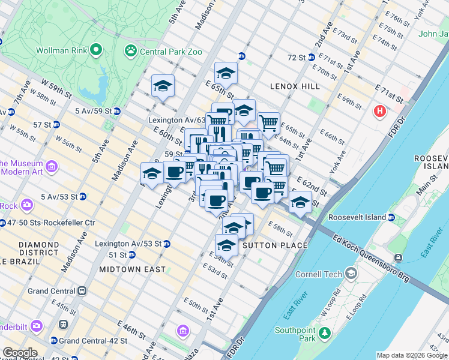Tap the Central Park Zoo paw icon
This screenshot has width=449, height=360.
pos(130,51)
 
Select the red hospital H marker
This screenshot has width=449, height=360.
pos(380,111)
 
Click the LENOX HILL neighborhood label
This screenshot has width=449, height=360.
pos(295,86)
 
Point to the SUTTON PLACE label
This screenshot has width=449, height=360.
pos(275,245)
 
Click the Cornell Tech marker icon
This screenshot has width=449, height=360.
pos(351,274)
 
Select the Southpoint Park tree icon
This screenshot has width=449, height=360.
pos(324,332)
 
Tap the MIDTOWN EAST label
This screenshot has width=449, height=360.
pos(132,269)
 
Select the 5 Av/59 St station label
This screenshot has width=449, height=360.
pos(94,111)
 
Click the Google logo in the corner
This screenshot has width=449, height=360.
pos(20,353)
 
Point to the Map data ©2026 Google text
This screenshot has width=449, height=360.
pos(412,355)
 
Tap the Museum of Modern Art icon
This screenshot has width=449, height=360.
pos(51,166)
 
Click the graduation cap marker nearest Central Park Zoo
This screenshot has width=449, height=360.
pos(163,86)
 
